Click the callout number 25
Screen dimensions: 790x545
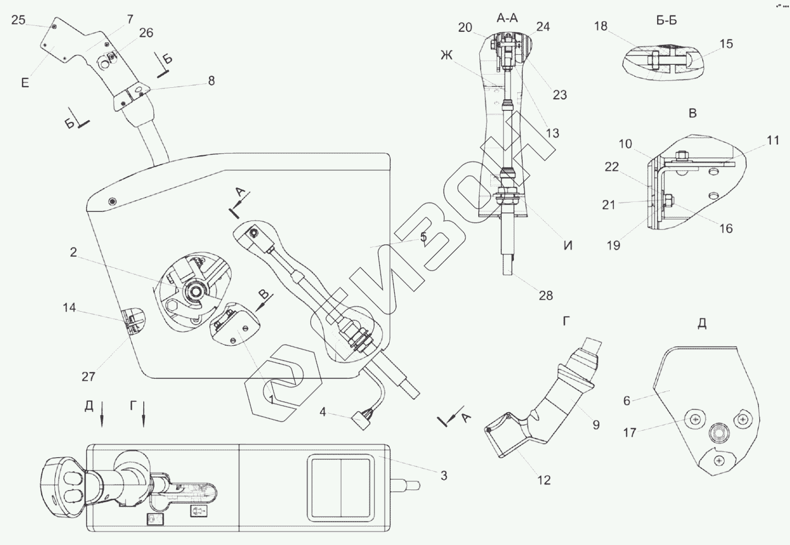(x=18, y=20)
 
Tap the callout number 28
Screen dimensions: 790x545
(x=546, y=295)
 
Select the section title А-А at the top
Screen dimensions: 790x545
(x=507, y=18)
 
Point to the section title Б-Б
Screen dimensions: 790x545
(x=666, y=20)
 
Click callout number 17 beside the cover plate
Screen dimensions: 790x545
(x=630, y=432)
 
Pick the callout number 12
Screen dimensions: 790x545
(x=544, y=480)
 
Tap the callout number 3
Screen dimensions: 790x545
(x=444, y=475)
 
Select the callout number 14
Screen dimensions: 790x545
(x=70, y=308)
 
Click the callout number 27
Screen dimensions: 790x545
(x=88, y=377)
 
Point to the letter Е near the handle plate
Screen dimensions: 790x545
(x=25, y=83)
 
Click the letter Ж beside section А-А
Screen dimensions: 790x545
(x=446, y=55)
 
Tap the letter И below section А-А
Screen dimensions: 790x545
(x=568, y=245)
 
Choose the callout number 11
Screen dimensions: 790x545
(x=773, y=141)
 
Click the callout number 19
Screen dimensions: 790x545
(x=613, y=245)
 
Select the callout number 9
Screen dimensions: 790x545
(x=596, y=425)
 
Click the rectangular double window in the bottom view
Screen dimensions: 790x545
(x=340, y=487)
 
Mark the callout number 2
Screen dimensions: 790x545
(x=74, y=252)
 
